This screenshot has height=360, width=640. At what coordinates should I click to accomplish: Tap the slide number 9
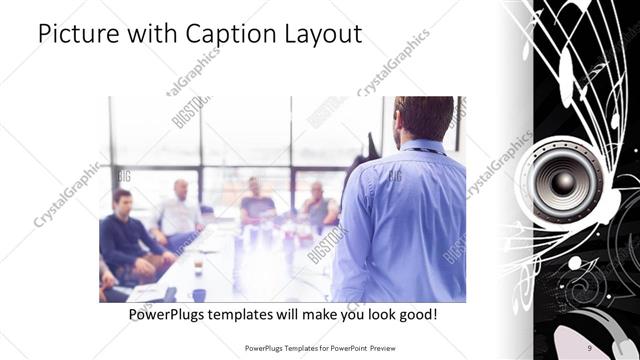pyautogui.click(x=590, y=348)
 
